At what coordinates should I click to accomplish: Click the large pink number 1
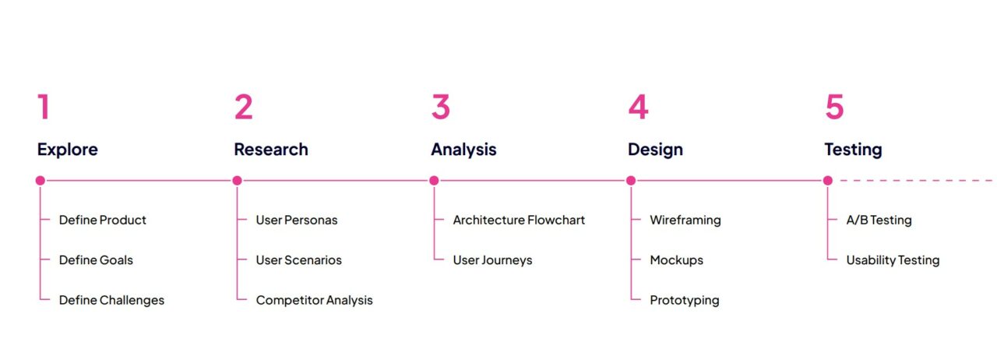tap(44, 107)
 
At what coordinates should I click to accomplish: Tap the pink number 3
tap(441, 107)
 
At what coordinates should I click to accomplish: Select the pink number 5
tap(834, 107)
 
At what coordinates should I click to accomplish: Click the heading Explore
tap(68, 150)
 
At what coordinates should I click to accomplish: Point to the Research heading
tap(271, 150)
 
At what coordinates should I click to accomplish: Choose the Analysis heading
tap(463, 150)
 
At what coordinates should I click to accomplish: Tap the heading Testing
tap(853, 150)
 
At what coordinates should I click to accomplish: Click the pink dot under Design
tap(631, 181)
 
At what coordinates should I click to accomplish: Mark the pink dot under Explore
tap(40, 181)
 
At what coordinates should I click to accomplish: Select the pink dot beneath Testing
tap(828, 181)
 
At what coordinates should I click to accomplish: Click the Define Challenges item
tap(111, 300)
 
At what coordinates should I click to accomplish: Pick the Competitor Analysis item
tap(314, 300)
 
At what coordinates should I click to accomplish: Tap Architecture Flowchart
tap(519, 220)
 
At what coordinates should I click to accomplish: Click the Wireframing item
tap(685, 220)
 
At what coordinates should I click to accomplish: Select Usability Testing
tap(893, 260)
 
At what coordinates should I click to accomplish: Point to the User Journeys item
tap(493, 260)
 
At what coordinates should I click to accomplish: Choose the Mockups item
tap(677, 260)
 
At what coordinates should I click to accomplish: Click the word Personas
tap(311, 220)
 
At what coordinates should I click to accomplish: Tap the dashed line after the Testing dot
tap(916, 181)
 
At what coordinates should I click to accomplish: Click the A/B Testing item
tap(879, 220)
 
